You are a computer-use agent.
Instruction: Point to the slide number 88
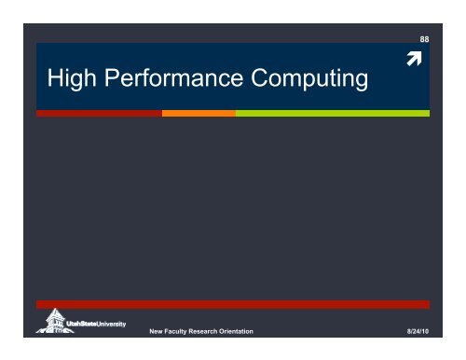coord(424,39)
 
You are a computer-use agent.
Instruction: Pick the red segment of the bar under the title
coord(99,113)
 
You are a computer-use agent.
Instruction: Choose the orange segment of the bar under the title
coord(199,113)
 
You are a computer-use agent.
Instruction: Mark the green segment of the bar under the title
coord(332,113)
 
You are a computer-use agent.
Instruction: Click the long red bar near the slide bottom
coord(233,304)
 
